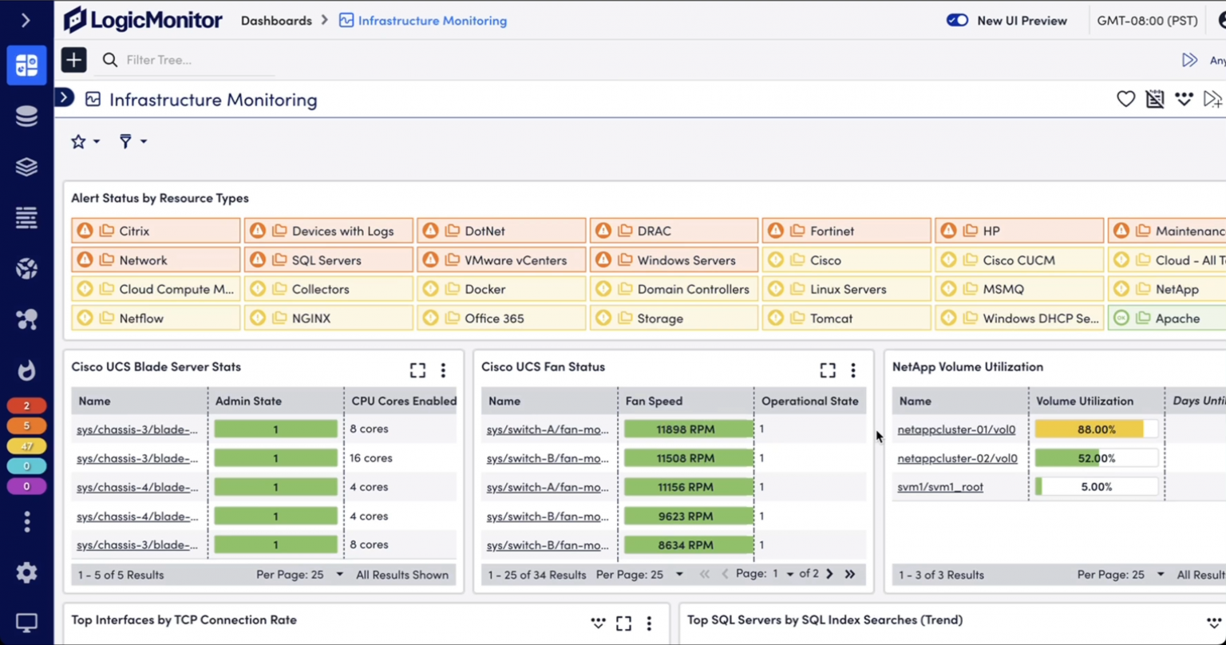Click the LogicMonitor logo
[x=144, y=20]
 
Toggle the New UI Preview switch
[x=957, y=21]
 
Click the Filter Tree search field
[x=192, y=60]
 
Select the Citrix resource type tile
[x=156, y=231]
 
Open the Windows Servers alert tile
[x=674, y=260]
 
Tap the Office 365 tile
[x=501, y=319]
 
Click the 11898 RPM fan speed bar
[x=686, y=429]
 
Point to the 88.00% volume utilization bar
[x=1095, y=429]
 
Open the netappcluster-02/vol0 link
[x=957, y=458]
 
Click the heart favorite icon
[x=1125, y=100]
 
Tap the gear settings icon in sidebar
[x=26, y=572]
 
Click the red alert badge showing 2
[x=26, y=406]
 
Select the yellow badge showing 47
[x=26, y=446]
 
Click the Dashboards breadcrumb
[x=276, y=21]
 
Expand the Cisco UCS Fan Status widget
[x=828, y=370]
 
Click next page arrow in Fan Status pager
[x=829, y=574]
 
